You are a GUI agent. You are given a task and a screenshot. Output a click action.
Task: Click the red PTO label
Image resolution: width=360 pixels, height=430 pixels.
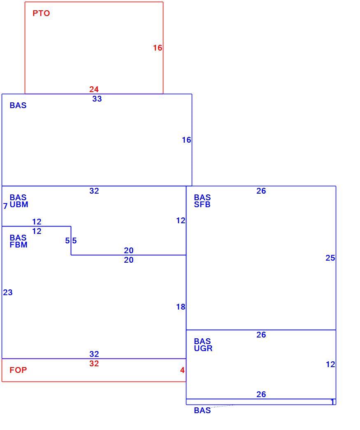(41, 13)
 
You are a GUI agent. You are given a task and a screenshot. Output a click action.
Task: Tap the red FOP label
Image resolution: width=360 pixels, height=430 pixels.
(18, 370)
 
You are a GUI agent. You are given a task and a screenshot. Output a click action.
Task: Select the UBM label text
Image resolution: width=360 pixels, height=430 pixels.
(19, 205)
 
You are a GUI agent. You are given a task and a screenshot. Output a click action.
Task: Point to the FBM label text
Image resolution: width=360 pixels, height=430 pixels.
(19, 245)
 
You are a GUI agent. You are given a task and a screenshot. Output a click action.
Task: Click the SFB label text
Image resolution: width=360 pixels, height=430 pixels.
(202, 205)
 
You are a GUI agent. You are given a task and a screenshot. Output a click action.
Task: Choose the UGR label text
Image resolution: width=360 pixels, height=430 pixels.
(203, 348)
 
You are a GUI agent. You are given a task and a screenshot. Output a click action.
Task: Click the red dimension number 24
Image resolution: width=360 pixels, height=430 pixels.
(94, 89)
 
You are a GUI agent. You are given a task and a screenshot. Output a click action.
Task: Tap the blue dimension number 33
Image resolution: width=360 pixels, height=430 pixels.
(97, 99)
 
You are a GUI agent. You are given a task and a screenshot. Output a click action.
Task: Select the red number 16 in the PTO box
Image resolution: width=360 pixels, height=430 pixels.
(158, 48)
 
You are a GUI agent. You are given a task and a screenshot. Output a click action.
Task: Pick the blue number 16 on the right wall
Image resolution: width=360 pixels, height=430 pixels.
(186, 140)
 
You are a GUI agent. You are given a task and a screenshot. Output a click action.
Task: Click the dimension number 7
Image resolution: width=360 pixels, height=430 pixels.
(5, 206)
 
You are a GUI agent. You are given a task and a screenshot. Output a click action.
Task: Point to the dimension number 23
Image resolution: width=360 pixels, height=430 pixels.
(8, 292)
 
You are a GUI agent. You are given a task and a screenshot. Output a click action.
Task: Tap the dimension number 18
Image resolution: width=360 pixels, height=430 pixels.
(181, 307)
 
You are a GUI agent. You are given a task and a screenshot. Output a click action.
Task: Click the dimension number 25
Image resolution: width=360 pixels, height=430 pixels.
(330, 258)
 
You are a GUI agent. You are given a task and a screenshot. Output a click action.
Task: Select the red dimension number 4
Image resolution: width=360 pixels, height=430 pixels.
(182, 370)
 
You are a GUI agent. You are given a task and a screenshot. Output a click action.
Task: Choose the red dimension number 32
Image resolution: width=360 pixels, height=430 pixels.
(94, 363)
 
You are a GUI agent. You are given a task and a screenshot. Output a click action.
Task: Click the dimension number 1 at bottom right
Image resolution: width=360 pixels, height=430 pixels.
(332, 402)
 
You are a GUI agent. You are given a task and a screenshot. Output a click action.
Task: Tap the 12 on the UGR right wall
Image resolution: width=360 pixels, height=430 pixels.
(330, 365)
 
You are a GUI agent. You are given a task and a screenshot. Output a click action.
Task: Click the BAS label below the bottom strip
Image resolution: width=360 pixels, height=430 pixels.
(202, 410)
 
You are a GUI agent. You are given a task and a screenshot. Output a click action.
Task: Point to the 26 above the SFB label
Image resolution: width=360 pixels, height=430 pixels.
(261, 191)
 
